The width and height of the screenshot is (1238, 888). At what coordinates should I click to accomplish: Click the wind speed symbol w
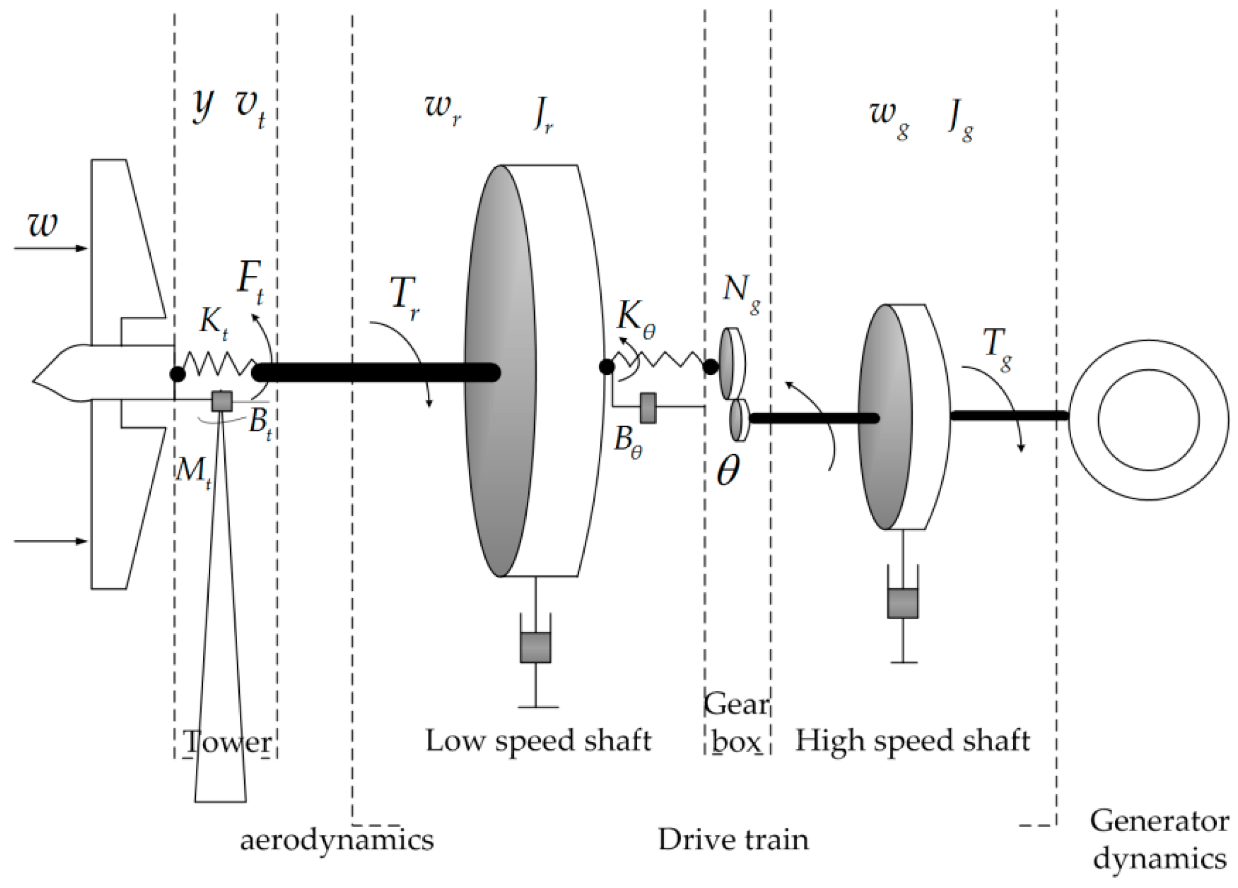coord(42,224)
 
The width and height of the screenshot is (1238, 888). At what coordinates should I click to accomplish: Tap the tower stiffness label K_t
coord(213,322)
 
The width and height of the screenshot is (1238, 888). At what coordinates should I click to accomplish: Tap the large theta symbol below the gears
coord(728,471)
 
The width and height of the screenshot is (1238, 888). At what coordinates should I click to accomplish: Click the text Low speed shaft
coord(538,741)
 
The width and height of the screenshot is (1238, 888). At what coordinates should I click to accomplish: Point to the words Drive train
coord(733,839)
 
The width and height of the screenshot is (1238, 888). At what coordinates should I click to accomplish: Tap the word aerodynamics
coord(337,839)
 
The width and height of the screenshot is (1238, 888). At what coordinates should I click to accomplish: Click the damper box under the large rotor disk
coord(536,647)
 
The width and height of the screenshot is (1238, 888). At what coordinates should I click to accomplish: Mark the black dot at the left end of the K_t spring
coord(177,374)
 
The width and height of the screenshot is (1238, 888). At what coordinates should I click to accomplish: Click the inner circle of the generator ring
coord(1148,420)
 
